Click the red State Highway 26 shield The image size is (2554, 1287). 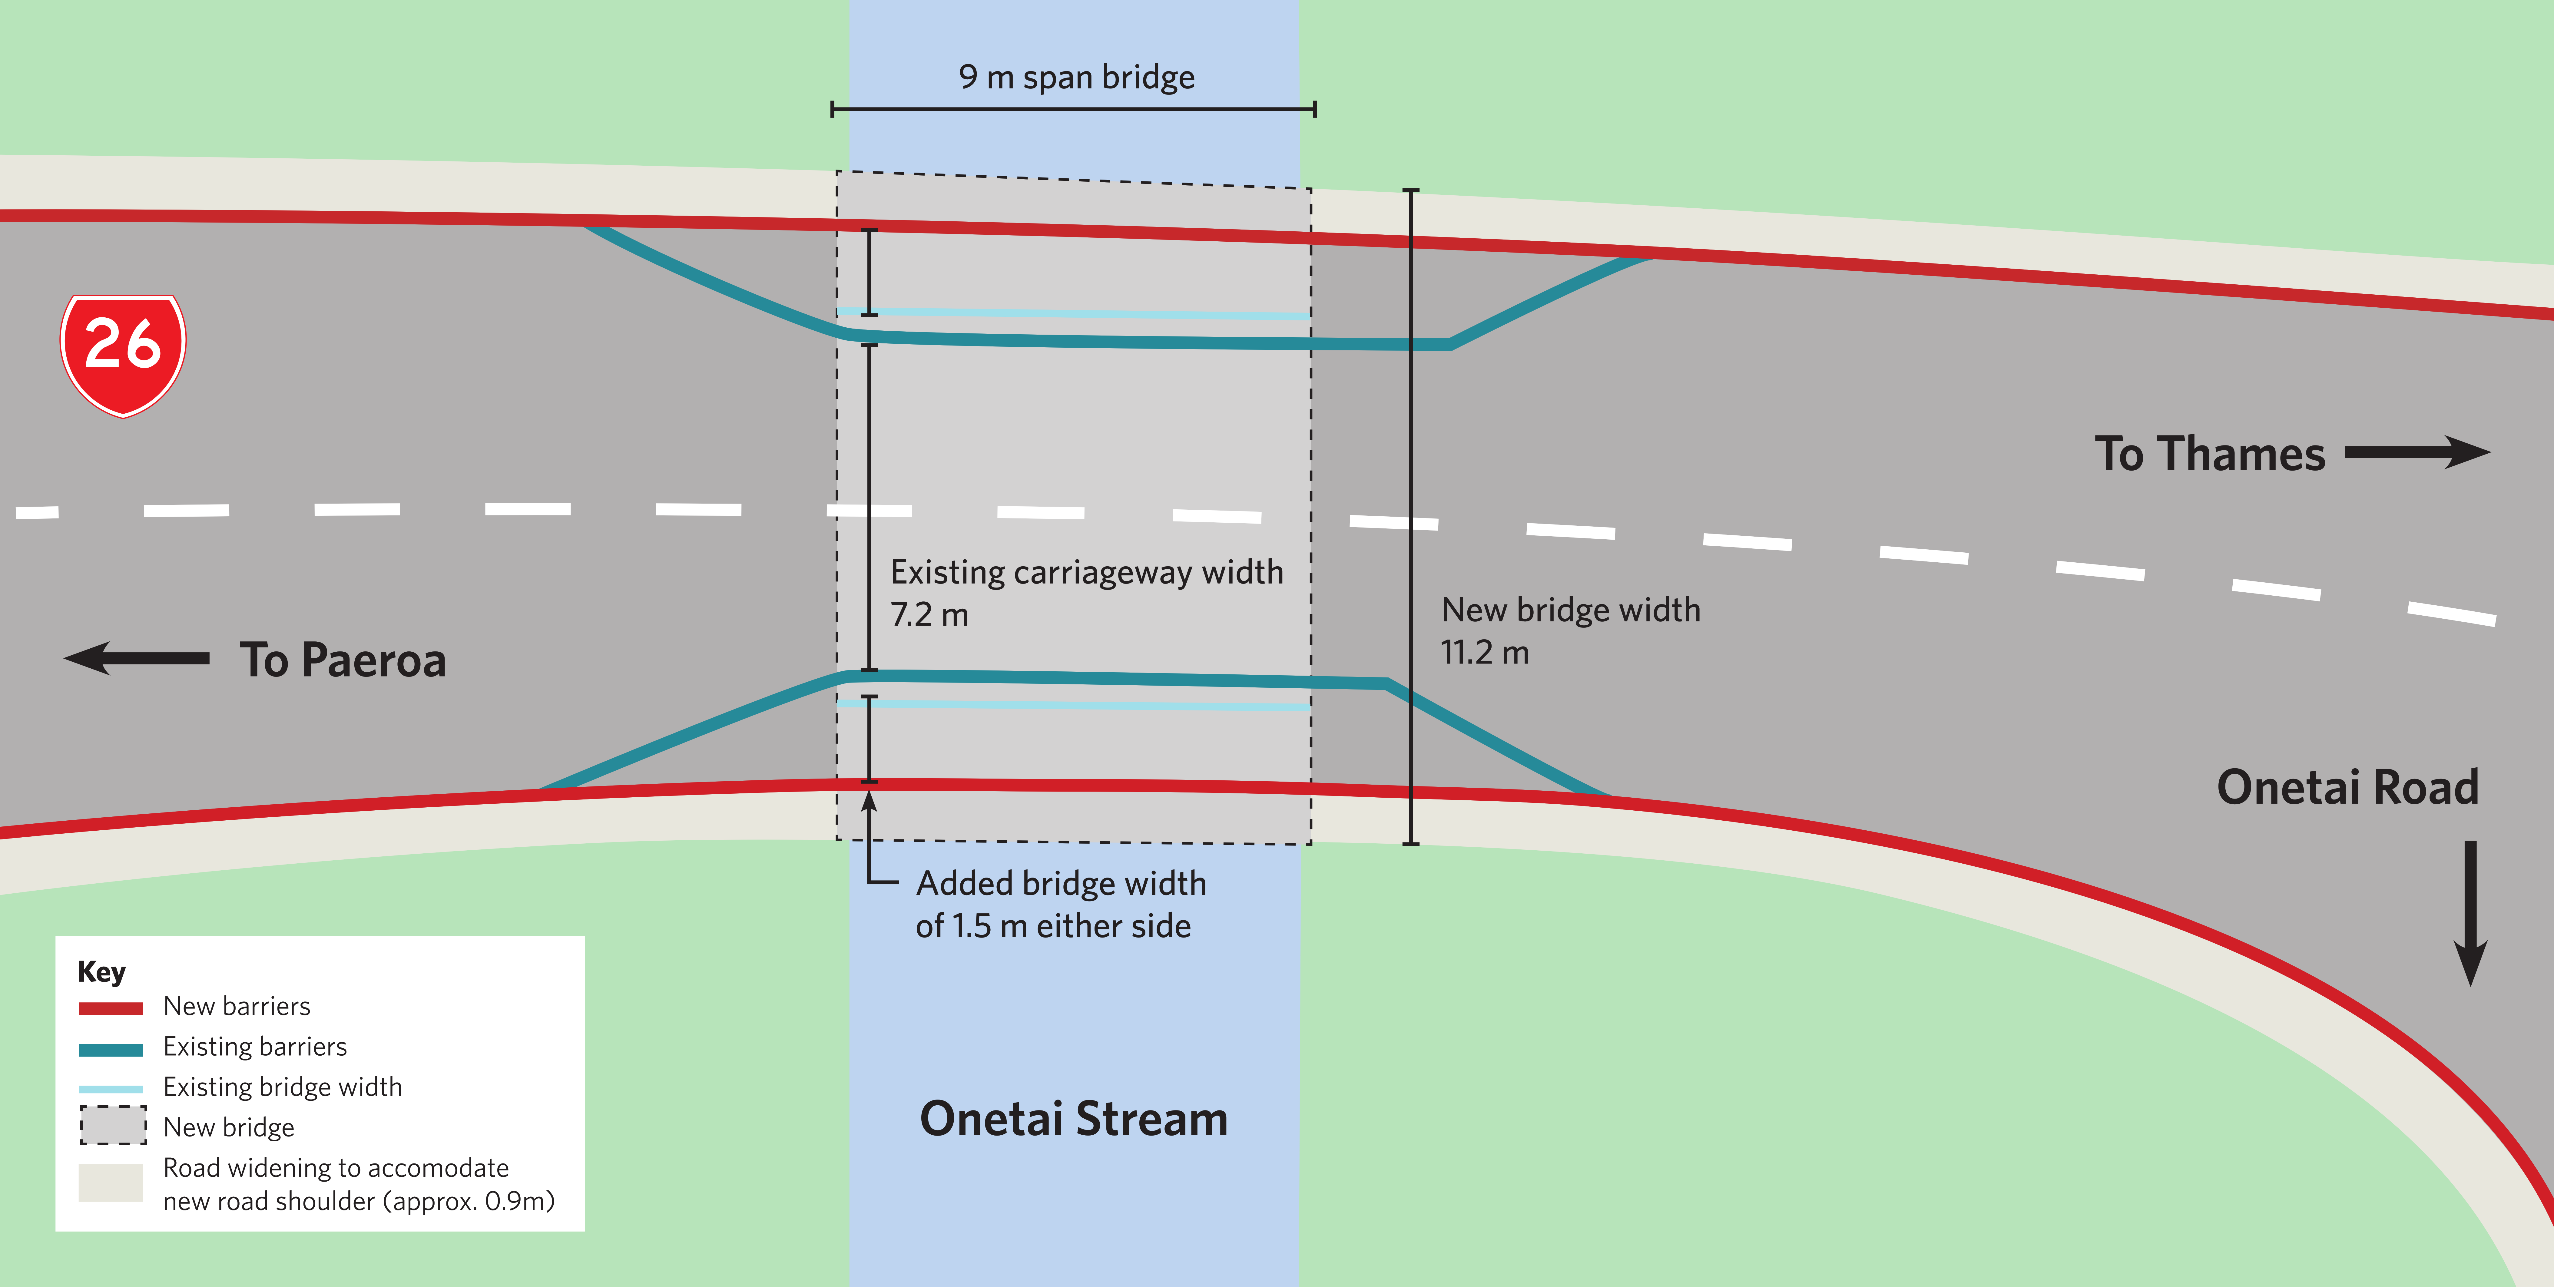click(x=123, y=355)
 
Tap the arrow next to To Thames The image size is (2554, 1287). click(x=2417, y=452)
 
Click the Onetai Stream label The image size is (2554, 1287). click(x=1074, y=1118)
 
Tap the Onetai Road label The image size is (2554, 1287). click(x=2347, y=787)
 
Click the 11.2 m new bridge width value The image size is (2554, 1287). click(x=1484, y=652)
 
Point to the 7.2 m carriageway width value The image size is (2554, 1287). click(x=929, y=615)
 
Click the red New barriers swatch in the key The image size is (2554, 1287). click(x=111, y=1008)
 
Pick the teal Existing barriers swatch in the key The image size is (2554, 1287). click(x=111, y=1049)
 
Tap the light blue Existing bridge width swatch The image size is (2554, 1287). click(x=111, y=1089)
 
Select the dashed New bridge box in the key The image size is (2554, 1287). click(x=113, y=1125)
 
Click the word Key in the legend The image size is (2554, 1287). click(x=101, y=972)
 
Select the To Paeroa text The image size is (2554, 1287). click(x=343, y=660)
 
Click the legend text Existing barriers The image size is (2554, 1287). click(x=255, y=1047)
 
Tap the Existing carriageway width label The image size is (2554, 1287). click(x=1087, y=573)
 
